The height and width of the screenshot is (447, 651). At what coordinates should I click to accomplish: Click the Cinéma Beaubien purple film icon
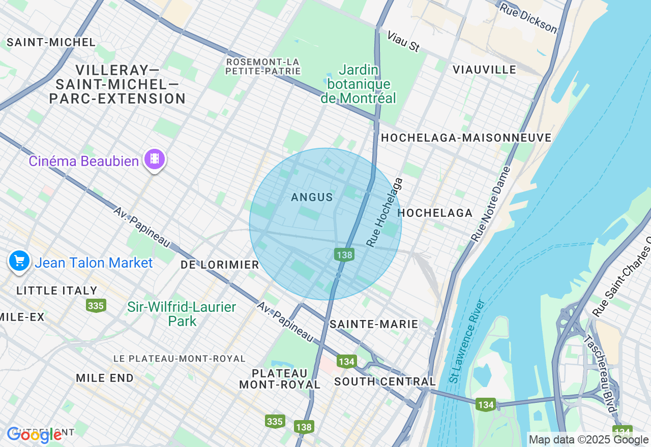pos(155,159)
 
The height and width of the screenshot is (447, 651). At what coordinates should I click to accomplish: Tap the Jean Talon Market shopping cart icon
pos(19,261)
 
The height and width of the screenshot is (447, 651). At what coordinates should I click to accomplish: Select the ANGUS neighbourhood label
pos(312,197)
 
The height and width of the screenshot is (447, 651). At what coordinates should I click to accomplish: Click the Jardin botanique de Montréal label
pos(358,84)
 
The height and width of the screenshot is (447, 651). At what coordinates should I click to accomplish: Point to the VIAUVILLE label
pos(484,70)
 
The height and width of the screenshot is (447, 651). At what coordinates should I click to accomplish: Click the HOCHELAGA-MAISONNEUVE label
pos(466,138)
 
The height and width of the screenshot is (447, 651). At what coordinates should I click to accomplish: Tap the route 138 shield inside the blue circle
pos(344,255)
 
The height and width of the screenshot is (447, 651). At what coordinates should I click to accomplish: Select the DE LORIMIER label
pos(220,265)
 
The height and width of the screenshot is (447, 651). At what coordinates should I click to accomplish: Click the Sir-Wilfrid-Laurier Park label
pos(182,314)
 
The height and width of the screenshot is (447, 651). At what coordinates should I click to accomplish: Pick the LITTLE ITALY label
pos(56,291)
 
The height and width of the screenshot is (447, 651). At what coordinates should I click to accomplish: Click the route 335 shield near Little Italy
pos(96,305)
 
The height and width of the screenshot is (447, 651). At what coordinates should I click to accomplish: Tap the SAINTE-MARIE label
pos(374,324)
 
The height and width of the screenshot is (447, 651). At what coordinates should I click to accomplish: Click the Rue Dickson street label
pos(528,18)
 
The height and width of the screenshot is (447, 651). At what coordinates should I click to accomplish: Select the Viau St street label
pos(403,41)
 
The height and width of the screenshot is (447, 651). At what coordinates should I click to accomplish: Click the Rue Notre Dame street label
pos(490,204)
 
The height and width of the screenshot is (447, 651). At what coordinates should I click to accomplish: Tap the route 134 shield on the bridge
pos(486,405)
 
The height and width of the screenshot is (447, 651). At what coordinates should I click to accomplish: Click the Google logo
pos(34,435)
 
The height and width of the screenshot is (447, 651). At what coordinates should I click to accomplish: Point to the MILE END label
pos(104,378)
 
